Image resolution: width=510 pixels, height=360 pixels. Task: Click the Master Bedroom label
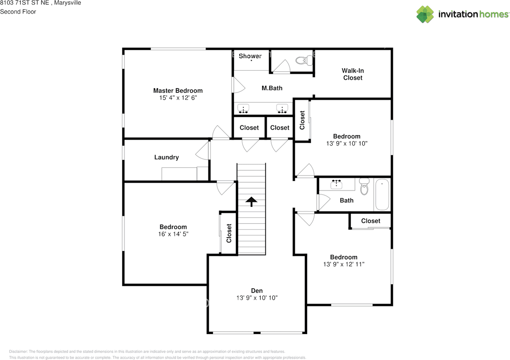click(178, 90)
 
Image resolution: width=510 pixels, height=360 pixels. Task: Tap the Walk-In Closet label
click(353, 74)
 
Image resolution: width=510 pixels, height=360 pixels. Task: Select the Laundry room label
click(167, 157)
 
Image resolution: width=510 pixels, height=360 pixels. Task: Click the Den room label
click(257, 291)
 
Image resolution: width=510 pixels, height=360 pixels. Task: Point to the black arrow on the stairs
click(251, 201)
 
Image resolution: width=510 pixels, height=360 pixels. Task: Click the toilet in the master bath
click(304, 60)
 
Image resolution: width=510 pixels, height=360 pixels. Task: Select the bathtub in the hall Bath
click(382, 195)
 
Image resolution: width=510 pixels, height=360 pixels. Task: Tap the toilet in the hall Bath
click(364, 186)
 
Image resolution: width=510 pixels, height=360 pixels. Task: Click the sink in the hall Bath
click(336, 184)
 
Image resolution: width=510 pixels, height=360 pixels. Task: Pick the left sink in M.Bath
click(243, 108)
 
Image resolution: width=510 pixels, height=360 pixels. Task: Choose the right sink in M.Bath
click(282, 108)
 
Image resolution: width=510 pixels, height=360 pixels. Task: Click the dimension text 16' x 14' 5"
click(173, 234)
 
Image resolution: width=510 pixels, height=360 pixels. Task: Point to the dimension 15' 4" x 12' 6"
click(178, 98)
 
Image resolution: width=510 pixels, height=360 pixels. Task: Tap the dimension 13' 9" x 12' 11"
click(343, 264)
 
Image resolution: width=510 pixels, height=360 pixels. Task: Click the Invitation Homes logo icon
click(425, 14)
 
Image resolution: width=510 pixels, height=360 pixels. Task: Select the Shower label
click(250, 56)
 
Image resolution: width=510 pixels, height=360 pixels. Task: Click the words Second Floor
click(18, 12)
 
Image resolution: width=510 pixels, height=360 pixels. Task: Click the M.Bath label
click(272, 88)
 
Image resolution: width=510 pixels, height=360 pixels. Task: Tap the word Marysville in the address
click(67, 3)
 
